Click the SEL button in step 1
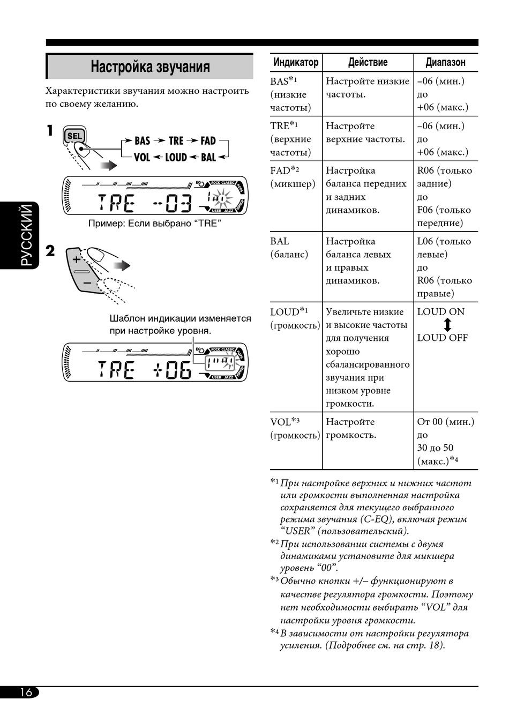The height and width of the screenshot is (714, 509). coord(74,136)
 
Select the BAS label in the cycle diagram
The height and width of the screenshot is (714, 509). coord(142,141)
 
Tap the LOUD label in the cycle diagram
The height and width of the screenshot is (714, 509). coord(176,158)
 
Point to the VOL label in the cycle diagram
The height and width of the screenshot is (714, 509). coord(142,158)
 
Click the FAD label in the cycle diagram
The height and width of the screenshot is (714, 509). coord(208,141)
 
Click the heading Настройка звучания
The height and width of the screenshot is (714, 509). coord(150,67)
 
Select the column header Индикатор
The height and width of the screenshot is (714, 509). coord(296,62)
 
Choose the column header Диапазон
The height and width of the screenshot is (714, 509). coord(445,62)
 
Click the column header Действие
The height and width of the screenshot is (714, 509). coord(368,62)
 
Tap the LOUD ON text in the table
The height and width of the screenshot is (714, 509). coord(441,312)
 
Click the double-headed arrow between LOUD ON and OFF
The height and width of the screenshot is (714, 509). coord(447,325)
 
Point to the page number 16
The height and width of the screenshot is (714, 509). coord(26,692)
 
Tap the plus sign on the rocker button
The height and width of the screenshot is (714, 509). coord(76,259)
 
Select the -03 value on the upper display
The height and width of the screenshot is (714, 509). coord(172,204)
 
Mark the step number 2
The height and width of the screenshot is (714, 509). coord(50,251)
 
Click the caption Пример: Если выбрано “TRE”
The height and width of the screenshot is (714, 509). coord(155,224)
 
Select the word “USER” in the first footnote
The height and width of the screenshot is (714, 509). coord(297,531)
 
